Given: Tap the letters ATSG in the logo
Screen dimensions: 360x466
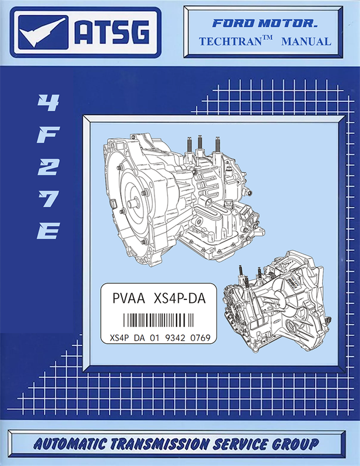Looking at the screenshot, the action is coord(112,33).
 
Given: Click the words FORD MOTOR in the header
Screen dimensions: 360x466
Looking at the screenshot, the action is coord(264,23).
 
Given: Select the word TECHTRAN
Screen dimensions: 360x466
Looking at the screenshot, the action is coord(230,41).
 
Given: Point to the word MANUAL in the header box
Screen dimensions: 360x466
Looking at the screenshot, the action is coord(306,41).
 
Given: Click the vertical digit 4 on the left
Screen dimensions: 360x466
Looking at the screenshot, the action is coord(48,103).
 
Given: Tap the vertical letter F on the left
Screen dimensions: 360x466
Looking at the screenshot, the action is coord(48,135).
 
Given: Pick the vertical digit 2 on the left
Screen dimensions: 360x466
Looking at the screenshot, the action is coord(48,167).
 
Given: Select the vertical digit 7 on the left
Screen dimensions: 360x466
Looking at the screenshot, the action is coord(48,199).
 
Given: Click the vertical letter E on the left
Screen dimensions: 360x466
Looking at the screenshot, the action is coord(48,231).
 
